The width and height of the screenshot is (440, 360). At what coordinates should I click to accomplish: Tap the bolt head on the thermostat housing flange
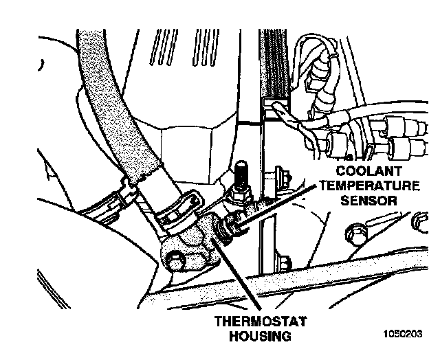pyautogui.click(x=177, y=259)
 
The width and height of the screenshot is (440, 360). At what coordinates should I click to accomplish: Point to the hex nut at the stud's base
pyautogui.click(x=241, y=196)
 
